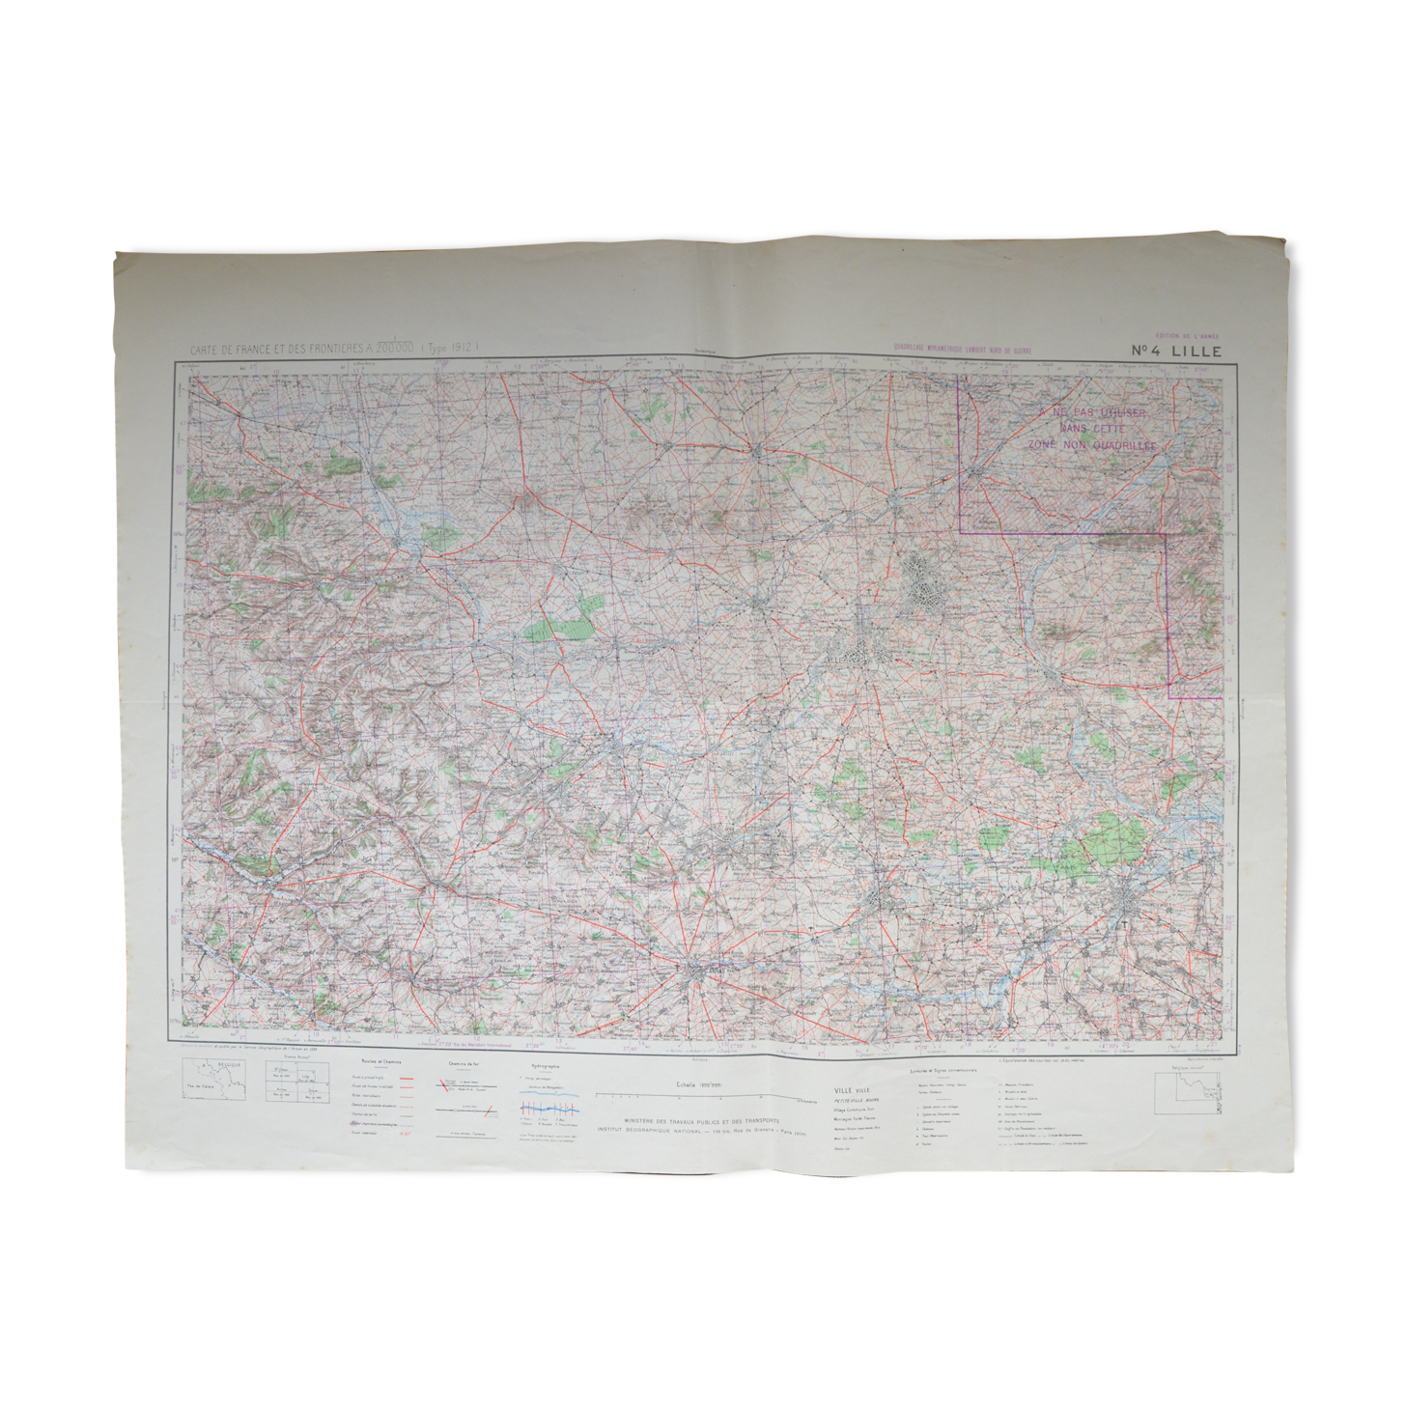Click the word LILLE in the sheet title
pyautogui.click(x=1196, y=352)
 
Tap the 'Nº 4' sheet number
pyautogui.click(x=1149, y=352)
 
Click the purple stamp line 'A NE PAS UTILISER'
pyautogui.click(x=1092, y=413)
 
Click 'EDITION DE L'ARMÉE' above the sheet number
pyautogui.click(x=1194, y=336)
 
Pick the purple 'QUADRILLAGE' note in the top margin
pyautogui.click(x=962, y=350)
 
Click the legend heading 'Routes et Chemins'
pyautogui.click(x=369, y=1061)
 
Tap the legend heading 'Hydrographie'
pyautogui.click(x=541, y=1067)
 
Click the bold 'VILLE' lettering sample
pyautogui.click(x=843, y=1090)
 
